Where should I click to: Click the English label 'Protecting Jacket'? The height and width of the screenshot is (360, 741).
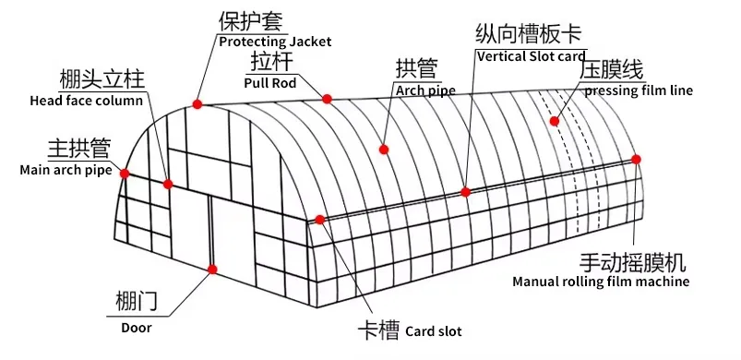(274, 42)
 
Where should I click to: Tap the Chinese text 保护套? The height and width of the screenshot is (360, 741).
(250, 21)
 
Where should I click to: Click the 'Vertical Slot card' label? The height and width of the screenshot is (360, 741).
(531, 56)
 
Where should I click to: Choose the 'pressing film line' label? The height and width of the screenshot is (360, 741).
(639, 90)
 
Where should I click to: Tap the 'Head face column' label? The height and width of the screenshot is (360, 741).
(87, 101)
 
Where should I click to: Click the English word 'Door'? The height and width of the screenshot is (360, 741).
(136, 326)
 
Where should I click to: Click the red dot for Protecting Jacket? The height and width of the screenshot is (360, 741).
(197, 102)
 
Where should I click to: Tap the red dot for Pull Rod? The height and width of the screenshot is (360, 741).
(327, 99)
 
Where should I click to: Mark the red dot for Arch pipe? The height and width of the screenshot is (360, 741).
(383, 149)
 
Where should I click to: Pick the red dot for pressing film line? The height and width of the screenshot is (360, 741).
(555, 121)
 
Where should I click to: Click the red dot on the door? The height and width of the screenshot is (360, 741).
(212, 270)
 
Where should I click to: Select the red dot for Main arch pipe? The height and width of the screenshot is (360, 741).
(125, 173)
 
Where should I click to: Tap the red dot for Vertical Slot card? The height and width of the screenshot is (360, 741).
(466, 192)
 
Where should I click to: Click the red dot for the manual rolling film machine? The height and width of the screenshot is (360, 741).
(637, 160)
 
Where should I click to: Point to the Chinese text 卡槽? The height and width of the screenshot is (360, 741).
(378, 330)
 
